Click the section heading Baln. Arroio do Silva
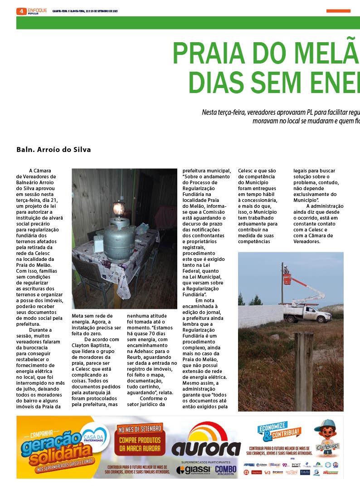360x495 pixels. (54, 149)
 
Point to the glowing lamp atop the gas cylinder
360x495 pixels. (119, 209)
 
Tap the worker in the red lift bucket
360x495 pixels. (287, 270)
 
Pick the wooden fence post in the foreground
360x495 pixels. (303, 370)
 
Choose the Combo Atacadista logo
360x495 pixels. (226, 470)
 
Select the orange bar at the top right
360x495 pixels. (338, 11)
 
